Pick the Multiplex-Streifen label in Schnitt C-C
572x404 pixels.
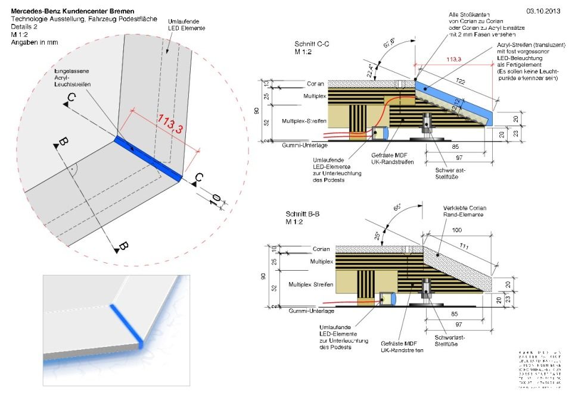(304, 121)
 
